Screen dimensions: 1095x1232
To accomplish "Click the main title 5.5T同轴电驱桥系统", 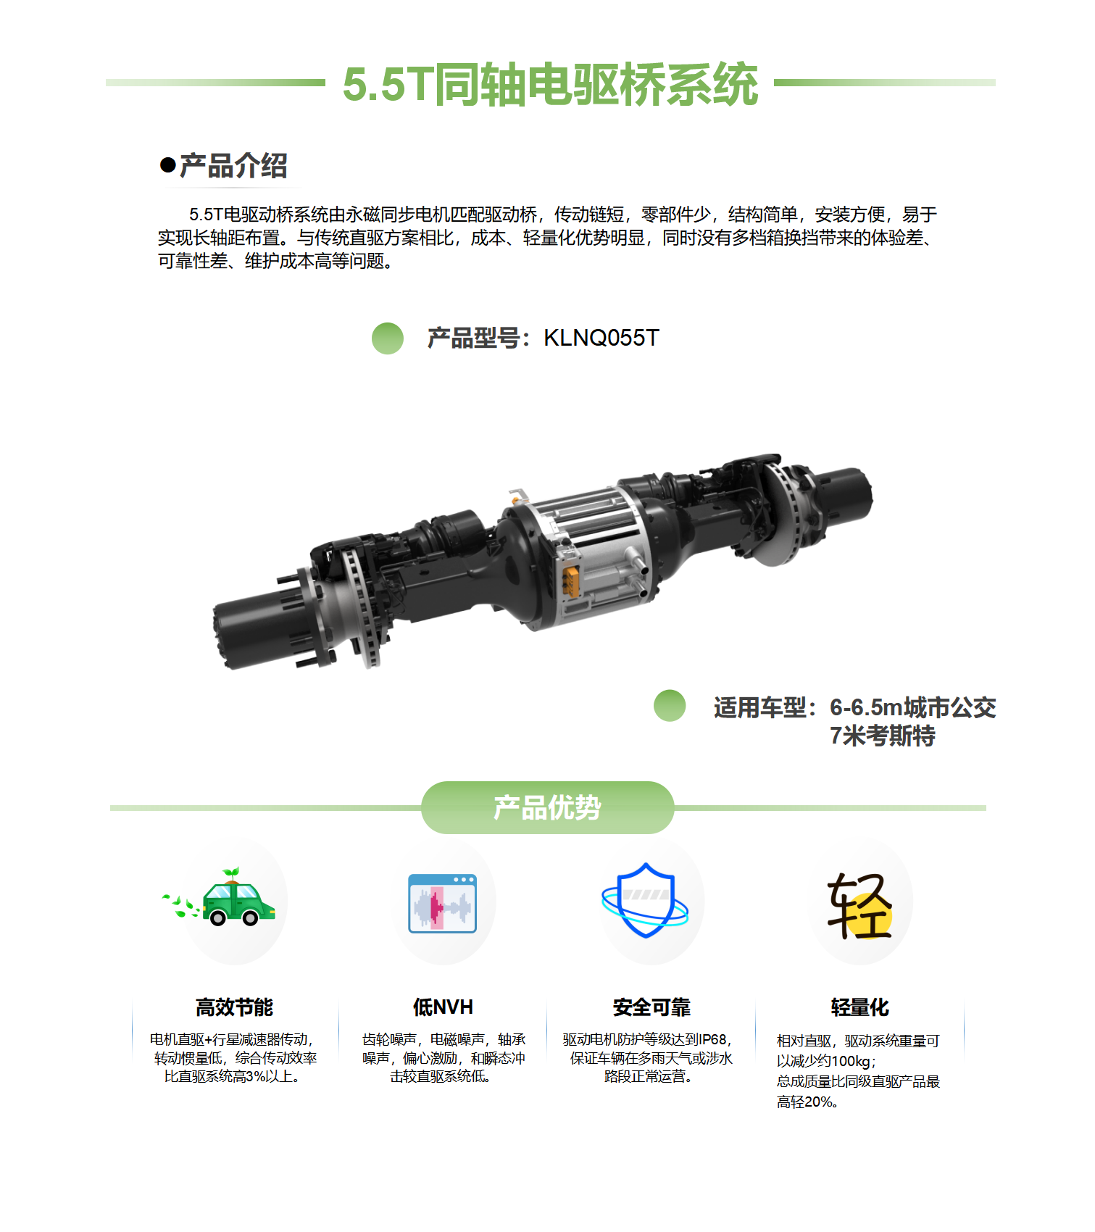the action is pyautogui.click(x=550, y=85).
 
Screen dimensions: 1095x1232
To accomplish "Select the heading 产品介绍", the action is pyautogui.click(x=233, y=166).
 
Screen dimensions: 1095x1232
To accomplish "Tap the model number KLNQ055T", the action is pyautogui.click(x=601, y=338).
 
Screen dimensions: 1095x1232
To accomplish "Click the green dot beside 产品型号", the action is pyautogui.click(x=388, y=338).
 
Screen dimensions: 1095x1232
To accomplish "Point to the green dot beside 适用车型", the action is pyautogui.click(x=670, y=706).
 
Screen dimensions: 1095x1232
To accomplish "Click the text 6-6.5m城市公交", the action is pyautogui.click(x=912, y=707).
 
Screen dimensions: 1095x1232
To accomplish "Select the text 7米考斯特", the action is pyautogui.click(x=882, y=736).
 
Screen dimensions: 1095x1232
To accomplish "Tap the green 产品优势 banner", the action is pyautogui.click(x=548, y=807).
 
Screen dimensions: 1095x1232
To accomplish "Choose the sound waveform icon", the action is pyautogui.click(x=443, y=903).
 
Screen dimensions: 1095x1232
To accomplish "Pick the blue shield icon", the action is pyautogui.click(x=646, y=901).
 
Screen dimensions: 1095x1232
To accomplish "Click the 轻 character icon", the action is pyautogui.click(x=859, y=906).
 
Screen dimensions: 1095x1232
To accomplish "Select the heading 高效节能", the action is pyautogui.click(x=234, y=1007).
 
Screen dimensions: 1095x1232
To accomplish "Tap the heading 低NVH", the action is pyautogui.click(x=443, y=1007).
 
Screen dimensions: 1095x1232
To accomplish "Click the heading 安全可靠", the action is pyautogui.click(x=651, y=1007).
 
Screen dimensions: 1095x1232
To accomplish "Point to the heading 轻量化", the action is pyautogui.click(x=860, y=1007).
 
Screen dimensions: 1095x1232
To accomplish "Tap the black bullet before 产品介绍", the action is pyautogui.click(x=168, y=166).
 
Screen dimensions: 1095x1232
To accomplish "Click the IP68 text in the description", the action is pyautogui.click(x=713, y=1040).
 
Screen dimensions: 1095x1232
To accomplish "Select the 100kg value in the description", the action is pyautogui.click(x=851, y=1062).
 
